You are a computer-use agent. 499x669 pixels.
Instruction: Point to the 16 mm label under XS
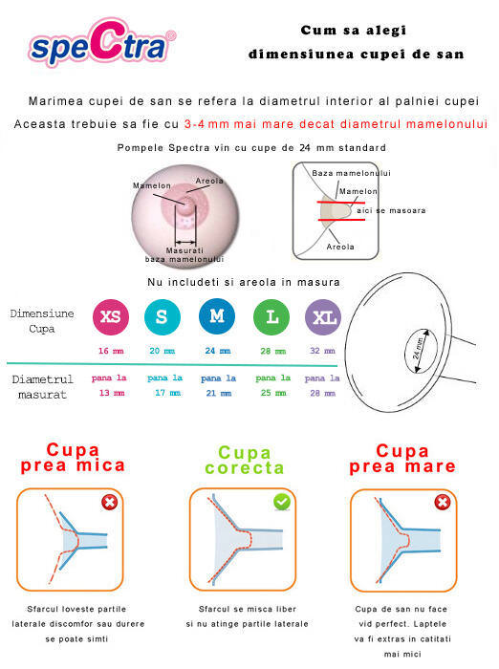click(111, 351)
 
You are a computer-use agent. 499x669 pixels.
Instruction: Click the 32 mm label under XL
click(323, 351)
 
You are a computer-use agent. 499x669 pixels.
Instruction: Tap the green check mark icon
click(282, 502)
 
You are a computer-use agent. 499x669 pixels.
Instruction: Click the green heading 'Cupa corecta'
click(245, 461)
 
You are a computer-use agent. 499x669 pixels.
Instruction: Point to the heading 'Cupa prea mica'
click(73, 458)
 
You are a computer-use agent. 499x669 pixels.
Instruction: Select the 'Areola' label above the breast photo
click(209, 181)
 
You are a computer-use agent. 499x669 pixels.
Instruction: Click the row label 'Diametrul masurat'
click(44, 386)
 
